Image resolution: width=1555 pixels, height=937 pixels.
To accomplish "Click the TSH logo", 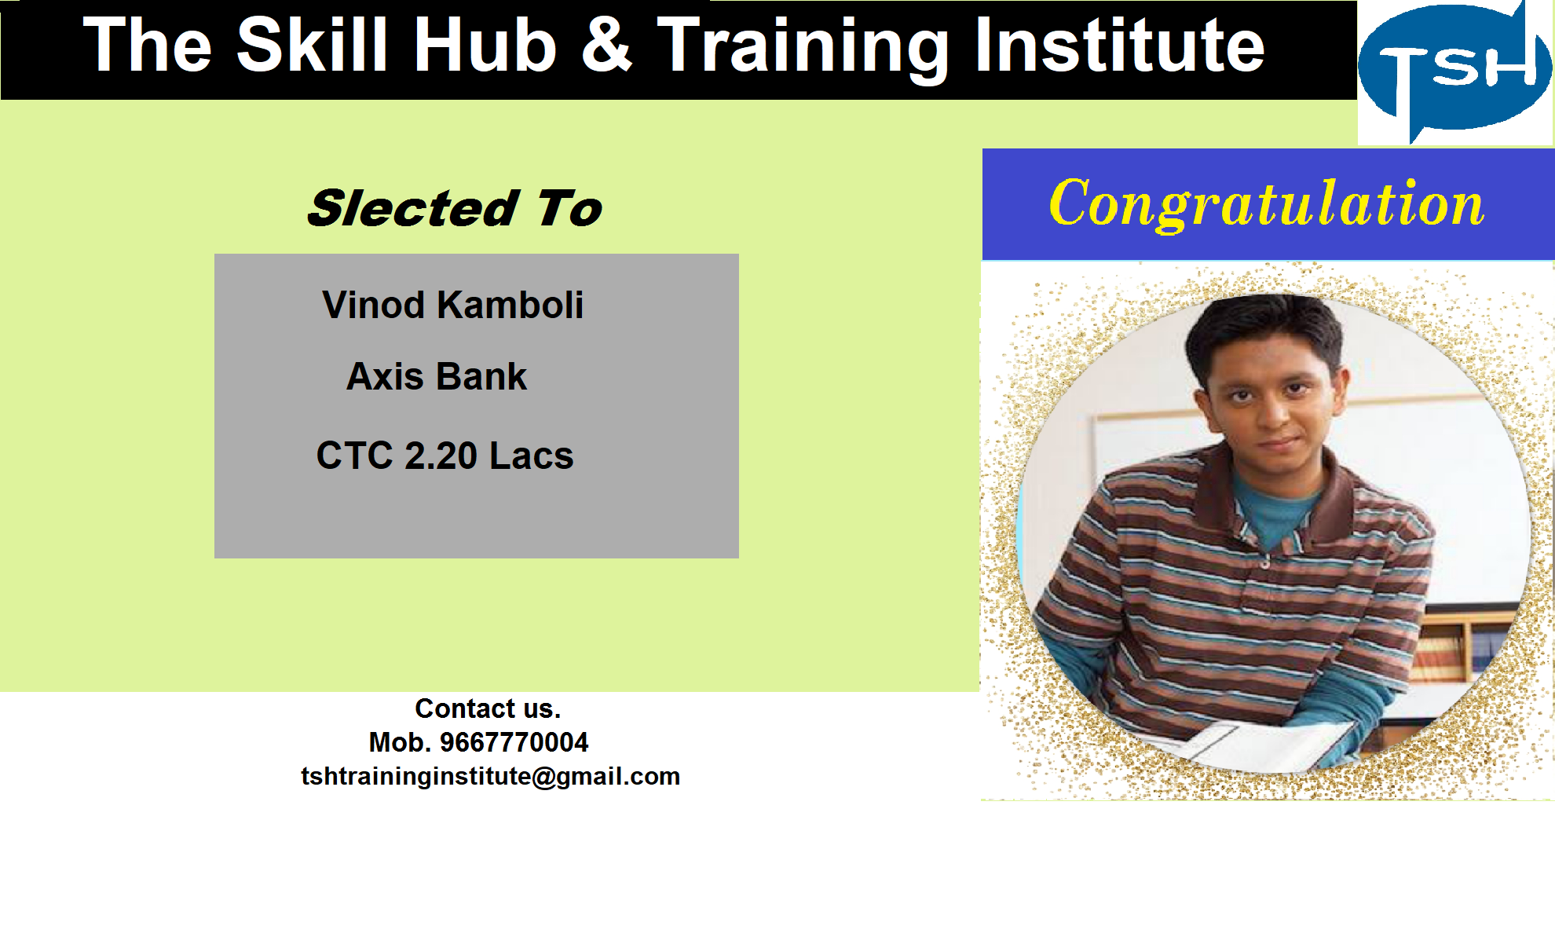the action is click(x=1455, y=71).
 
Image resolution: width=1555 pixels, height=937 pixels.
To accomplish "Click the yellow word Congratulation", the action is click(x=1267, y=204).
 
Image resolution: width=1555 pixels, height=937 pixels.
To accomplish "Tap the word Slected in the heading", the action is click(x=413, y=208).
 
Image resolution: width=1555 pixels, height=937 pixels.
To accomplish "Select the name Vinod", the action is click(x=373, y=305).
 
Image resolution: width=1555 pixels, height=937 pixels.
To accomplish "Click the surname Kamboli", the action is click(x=510, y=305).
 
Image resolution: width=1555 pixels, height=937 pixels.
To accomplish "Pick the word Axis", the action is click(x=385, y=376).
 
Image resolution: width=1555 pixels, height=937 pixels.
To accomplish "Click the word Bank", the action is click(x=481, y=376).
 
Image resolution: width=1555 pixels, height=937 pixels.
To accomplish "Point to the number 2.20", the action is click(x=441, y=456).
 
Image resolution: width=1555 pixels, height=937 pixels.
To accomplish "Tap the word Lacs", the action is click(x=532, y=456).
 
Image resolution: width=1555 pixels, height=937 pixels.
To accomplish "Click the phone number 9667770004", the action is click(x=514, y=742).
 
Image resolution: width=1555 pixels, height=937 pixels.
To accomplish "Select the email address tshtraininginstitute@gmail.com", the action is click(x=490, y=776).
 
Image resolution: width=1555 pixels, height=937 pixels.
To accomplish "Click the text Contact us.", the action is click(x=488, y=708).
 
